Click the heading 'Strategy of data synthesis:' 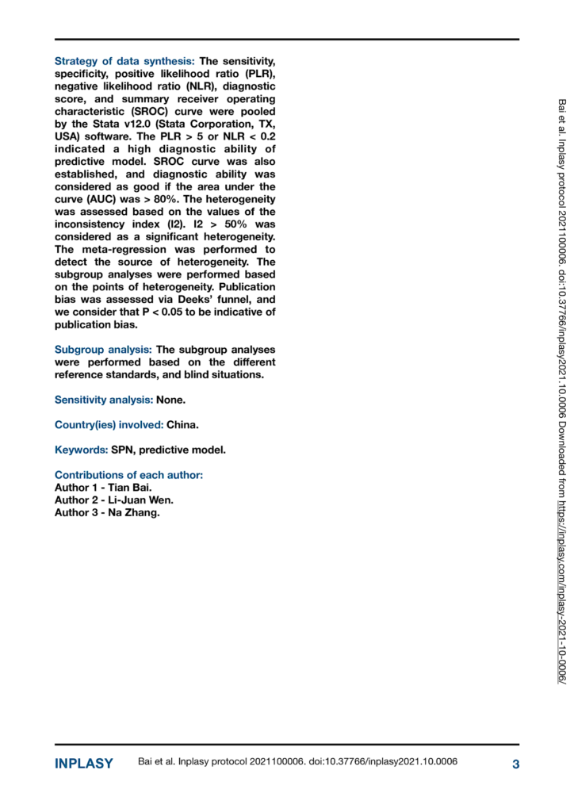coord(124,61)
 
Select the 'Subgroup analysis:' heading coord(104,350)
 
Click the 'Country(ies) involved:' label coord(109,424)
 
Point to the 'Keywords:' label coord(82,450)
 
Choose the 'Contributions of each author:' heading coord(128,475)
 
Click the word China coord(182,424)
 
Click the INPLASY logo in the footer coord(84,764)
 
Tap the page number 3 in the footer coord(515,764)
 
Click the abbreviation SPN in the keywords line coord(124,450)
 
